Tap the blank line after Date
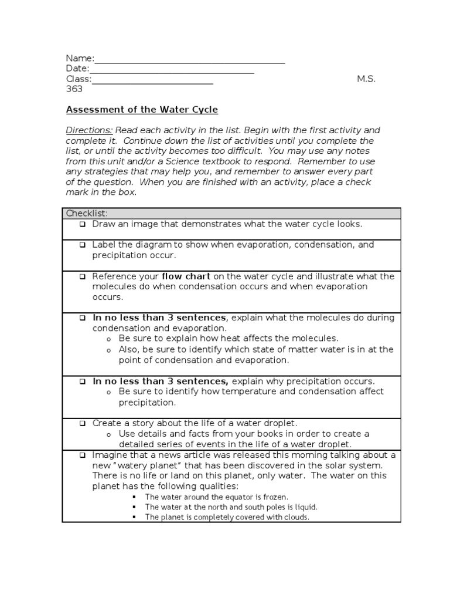coord(172,70)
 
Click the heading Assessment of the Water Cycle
coord(142,110)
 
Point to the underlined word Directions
coord(89,130)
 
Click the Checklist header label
coord(87,213)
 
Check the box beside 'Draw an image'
coord(83,224)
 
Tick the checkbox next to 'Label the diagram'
coord(83,245)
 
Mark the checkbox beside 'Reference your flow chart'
coord(83,276)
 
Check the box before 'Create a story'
coord(83,423)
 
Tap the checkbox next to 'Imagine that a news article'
coord(83,455)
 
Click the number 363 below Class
coord(74,89)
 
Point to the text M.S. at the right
coord(366,79)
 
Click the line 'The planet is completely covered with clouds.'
coord(227,517)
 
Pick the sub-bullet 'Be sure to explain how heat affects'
coord(229,339)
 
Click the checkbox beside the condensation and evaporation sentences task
coord(83,318)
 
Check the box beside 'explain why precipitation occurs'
coord(83,381)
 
